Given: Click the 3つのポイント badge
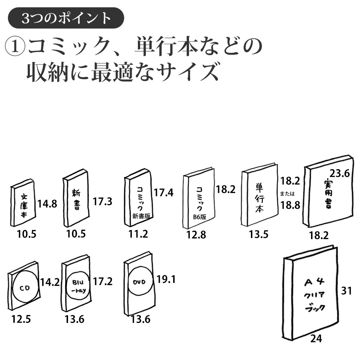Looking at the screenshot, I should pyautogui.click(x=66, y=18).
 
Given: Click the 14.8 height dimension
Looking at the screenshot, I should pyautogui.click(x=47, y=204).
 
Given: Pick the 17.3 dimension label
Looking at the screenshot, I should pyautogui.click(x=103, y=202).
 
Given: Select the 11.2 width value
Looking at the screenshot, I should pyautogui.click(x=138, y=234).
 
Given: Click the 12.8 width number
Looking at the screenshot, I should pyautogui.click(x=196, y=235).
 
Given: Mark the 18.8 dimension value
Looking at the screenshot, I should pyautogui.click(x=290, y=205).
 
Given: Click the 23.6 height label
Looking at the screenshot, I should pyautogui.click(x=340, y=174).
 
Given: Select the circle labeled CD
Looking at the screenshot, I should pyautogui.click(x=24, y=288).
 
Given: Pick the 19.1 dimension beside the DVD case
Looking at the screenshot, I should pyautogui.click(x=166, y=279).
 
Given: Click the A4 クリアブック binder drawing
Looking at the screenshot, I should pyautogui.click(x=313, y=295).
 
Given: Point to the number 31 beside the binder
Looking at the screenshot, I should pyautogui.click(x=346, y=291).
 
